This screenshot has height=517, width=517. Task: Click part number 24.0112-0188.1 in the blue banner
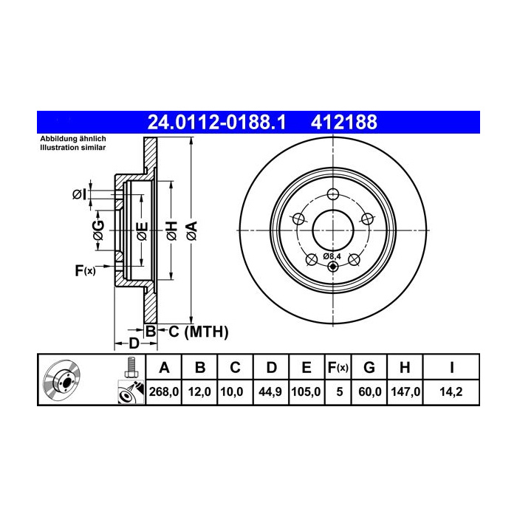click(216, 123)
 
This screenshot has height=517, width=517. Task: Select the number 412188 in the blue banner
click(344, 123)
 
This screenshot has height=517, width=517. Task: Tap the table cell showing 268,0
click(164, 392)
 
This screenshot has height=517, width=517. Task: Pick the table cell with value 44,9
click(270, 392)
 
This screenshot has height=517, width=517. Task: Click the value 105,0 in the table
click(306, 392)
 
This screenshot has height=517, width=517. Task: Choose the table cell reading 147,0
click(405, 392)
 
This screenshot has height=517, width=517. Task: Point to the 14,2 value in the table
click(451, 392)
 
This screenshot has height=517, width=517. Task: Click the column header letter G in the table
click(369, 367)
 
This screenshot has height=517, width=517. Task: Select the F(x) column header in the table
click(338, 367)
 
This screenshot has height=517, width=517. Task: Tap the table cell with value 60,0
click(370, 392)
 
